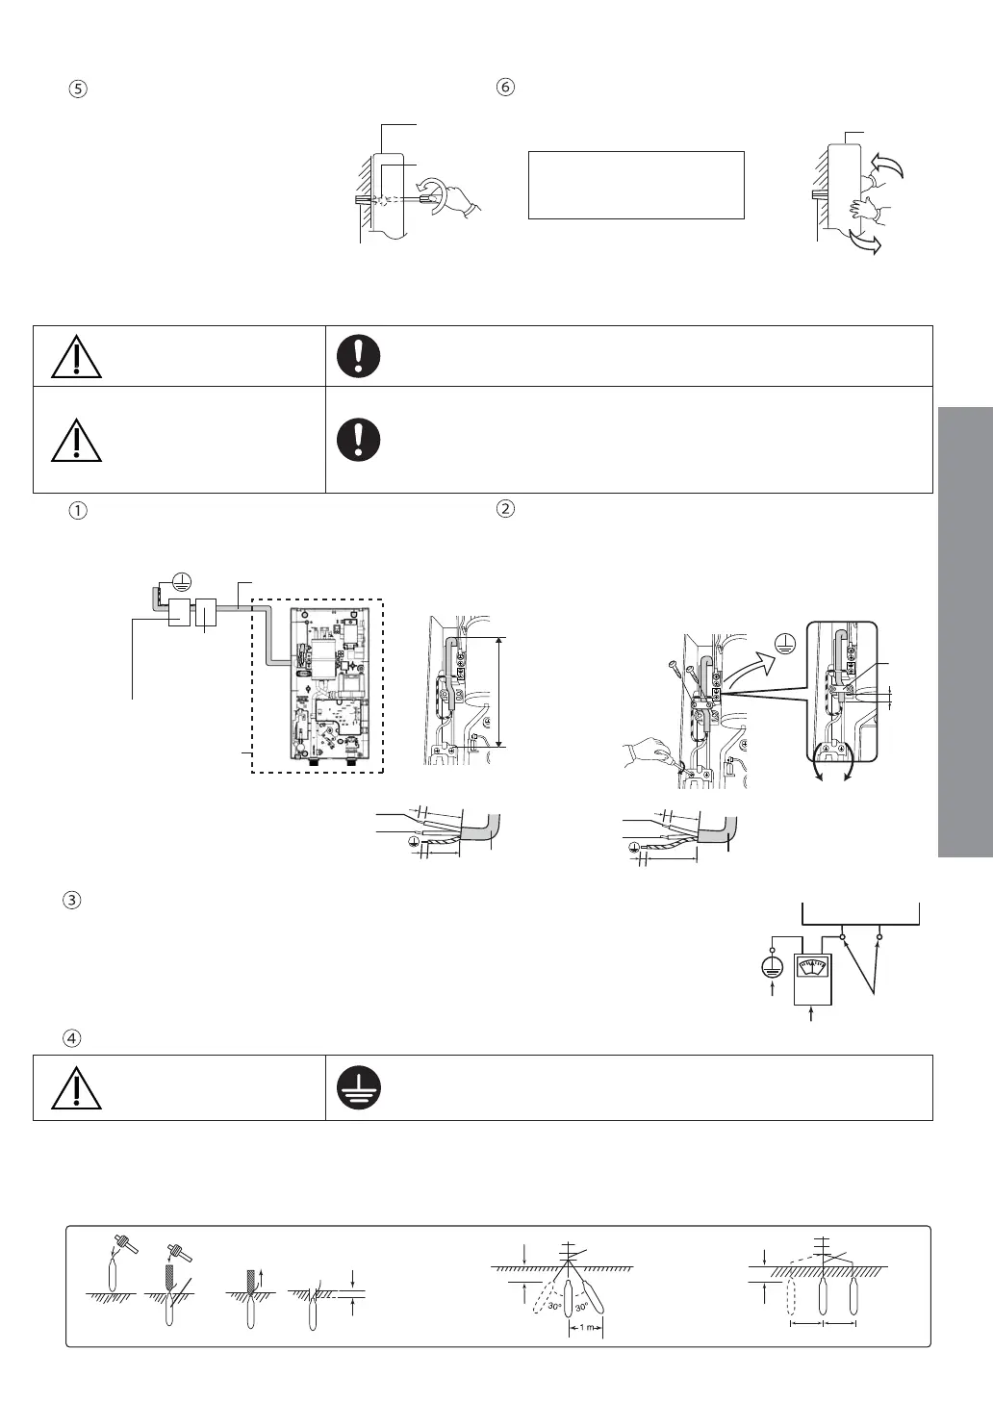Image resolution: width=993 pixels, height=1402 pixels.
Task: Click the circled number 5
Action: [79, 88]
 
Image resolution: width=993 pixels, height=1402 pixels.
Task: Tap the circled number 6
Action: [505, 87]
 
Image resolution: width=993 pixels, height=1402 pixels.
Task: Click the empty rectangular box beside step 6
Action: [636, 185]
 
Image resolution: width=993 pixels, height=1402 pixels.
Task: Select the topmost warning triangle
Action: [76, 357]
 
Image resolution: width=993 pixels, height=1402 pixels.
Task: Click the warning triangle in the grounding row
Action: [76, 1088]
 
